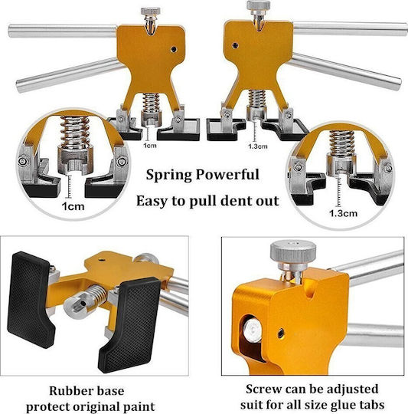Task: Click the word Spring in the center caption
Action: click(169, 176)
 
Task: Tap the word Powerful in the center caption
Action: click(227, 174)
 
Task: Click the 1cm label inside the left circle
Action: click(73, 206)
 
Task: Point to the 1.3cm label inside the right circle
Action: click(344, 213)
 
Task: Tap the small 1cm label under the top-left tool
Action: click(150, 146)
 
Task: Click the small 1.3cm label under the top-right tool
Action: click(258, 146)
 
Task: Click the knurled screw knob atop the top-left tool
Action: click(150, 11)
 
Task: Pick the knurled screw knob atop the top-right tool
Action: click(258, 5)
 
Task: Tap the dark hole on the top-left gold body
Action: click(174, 49)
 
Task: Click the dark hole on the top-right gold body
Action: click(235, 45)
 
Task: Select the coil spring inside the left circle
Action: click(75, 133)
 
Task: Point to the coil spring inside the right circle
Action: click(342, 143)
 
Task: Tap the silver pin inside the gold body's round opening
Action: click(253, 330)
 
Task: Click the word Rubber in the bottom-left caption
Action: click(66, 391)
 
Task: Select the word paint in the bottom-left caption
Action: click(139, 407)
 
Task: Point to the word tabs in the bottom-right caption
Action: click(371, 405)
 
